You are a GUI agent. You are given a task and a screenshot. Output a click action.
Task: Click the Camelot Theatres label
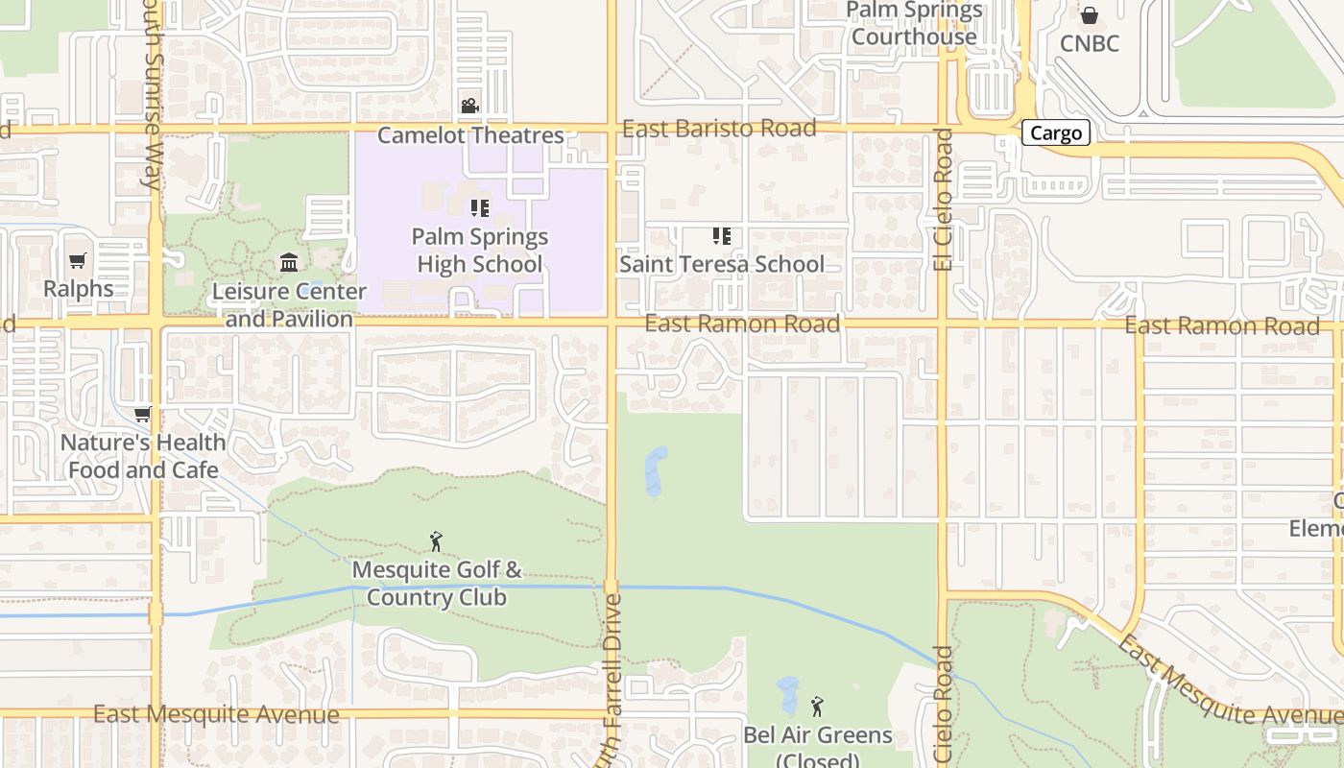tap(470, 135)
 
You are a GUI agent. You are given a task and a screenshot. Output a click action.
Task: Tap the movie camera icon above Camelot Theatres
tap(469, 106)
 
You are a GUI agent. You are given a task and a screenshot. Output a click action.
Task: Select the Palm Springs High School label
tap(479, 250)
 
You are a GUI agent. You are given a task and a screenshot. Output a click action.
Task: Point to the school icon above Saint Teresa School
tap(722, 235)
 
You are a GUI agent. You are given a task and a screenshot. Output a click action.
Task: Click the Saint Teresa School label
tap(722, 264)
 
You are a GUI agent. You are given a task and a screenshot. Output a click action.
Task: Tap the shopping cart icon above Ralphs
tap(78, 260)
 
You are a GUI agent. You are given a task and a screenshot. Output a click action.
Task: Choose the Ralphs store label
tap(78, 288)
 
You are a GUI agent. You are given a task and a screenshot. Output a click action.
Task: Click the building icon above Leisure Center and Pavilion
tap(289, 262)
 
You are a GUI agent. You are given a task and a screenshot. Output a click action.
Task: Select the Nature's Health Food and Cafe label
tap(143, 456)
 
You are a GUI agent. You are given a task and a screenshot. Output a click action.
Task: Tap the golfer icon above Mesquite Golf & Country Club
tap(437, 541)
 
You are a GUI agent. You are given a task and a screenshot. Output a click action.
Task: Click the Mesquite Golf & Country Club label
tap(437, 583)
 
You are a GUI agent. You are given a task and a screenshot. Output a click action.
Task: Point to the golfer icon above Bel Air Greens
tap(817, 708)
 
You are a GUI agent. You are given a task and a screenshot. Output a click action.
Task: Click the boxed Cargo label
tap(1056, 133)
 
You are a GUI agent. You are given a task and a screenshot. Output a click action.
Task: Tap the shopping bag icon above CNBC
tap(1090, 15)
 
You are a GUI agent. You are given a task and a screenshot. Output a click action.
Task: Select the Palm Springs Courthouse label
tap(914, 24)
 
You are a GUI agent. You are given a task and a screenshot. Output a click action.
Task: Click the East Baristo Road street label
tap(719, 129)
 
